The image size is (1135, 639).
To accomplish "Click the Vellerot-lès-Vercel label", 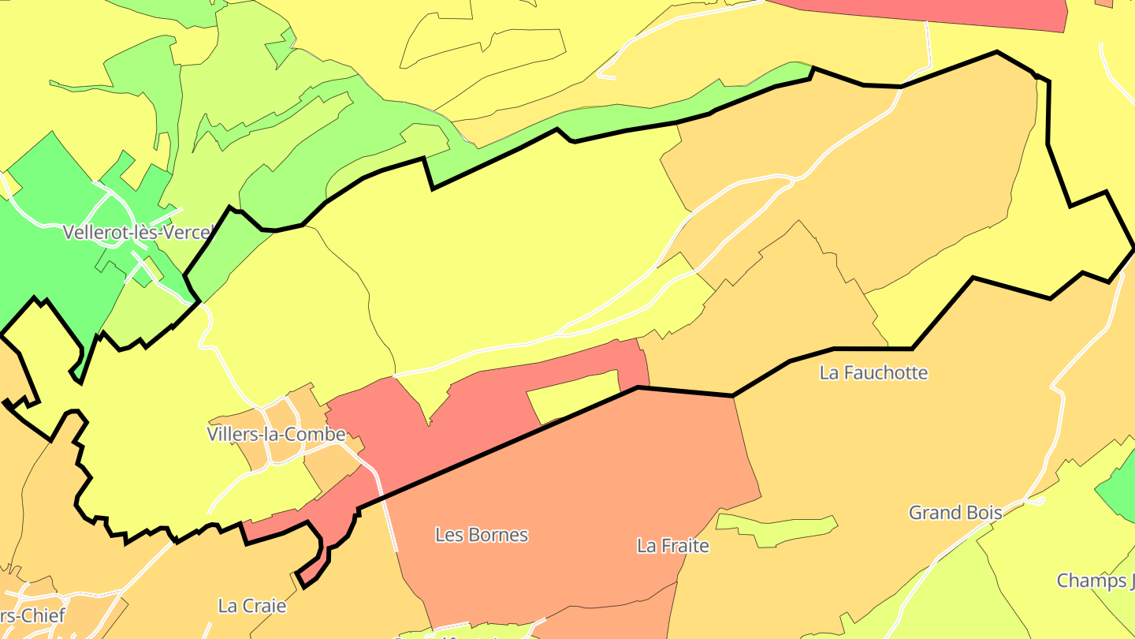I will [139, 233].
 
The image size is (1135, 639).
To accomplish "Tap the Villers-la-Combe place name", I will [276, 434].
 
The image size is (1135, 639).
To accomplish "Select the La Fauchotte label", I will [873, 372].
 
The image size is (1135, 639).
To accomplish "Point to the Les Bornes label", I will [481, 535].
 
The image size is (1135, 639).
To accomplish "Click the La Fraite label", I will [673, 545].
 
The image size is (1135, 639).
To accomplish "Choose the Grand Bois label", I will [955, 513].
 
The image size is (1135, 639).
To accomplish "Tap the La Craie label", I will [252, 606].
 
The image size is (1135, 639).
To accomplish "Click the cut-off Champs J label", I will [1096, 581].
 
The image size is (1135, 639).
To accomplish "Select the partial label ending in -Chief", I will [32, 615].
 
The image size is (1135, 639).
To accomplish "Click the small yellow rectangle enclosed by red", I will [574, 395].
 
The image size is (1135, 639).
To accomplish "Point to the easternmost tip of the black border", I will [1133, 249].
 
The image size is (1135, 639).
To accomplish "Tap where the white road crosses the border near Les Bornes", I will [381, 498].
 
